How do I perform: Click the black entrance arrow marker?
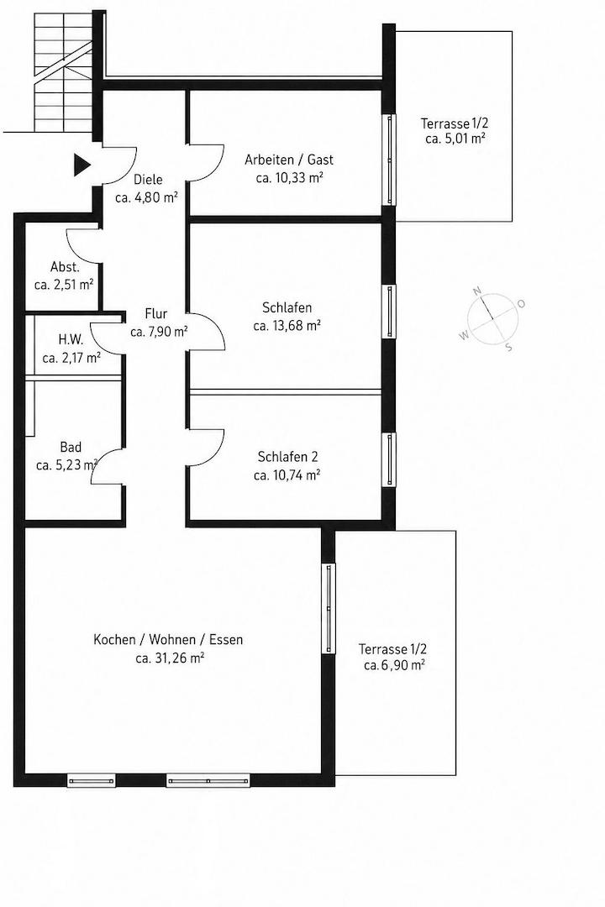click(82, 165)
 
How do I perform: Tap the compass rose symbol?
click(492, 317)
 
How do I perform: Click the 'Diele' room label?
click(148, 180)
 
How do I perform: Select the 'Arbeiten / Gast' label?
click(289, 160)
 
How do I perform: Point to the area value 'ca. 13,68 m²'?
click(287, 326)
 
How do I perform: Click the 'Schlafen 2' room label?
click(287, 457)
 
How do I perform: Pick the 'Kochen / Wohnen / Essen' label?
click(168, 640)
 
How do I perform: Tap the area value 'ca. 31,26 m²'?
click(170, 658)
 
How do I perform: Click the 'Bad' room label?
click(71, 447)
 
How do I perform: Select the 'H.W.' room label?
click(71, 339)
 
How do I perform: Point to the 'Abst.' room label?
click(65, 267)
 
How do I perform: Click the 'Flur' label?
click(156, 314)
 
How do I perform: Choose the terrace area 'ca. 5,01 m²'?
click(455, 139)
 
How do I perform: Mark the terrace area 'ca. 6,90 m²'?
click(394, 666)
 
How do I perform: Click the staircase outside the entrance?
click(62, 73)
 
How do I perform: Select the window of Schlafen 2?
click(390, 460)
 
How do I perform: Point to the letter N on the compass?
click(477, 291)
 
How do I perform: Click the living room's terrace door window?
click(329, 609)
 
